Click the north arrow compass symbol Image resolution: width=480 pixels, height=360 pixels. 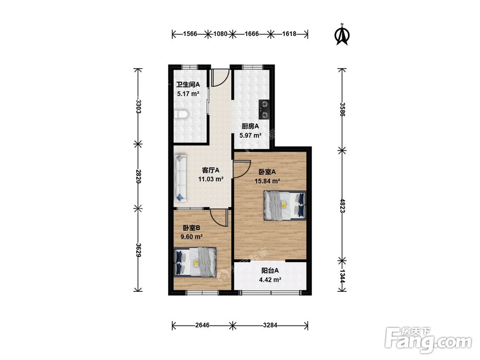342,34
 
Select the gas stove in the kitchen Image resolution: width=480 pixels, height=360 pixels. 264,109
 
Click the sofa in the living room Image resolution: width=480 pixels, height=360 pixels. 180,178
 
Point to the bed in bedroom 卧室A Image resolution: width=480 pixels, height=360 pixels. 285,205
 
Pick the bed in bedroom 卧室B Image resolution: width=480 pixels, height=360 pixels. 195,262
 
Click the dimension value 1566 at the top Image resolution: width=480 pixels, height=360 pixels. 190,34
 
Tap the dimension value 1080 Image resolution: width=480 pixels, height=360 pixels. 220,34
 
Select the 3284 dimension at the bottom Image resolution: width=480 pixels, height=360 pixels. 270,325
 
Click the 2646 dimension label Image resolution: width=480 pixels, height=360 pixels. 203,325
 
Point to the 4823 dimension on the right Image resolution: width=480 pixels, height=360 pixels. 343,206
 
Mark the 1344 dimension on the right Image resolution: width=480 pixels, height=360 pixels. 343,276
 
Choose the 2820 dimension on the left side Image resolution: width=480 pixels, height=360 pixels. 138,176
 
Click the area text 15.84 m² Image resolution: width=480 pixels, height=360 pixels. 267,181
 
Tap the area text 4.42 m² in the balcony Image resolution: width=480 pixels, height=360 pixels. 270,279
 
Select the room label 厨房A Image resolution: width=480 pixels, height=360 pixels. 251,126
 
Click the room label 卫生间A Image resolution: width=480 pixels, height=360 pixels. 188,84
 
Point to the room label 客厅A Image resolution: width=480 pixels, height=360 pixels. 211,170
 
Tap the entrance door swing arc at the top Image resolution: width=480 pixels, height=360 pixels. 224,80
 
